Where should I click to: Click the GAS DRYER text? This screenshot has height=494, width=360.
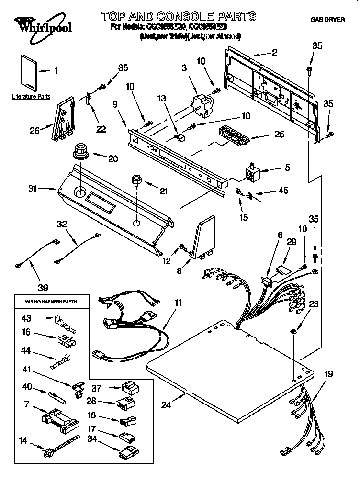(328, 20)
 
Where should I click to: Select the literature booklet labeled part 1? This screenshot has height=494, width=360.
(28, 72)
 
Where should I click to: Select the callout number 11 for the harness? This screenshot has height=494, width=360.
(178, 303)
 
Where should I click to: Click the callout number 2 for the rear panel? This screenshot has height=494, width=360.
(274, 52)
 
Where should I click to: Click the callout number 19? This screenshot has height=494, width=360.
(327, 374)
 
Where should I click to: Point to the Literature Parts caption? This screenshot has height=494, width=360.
(31, 97)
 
